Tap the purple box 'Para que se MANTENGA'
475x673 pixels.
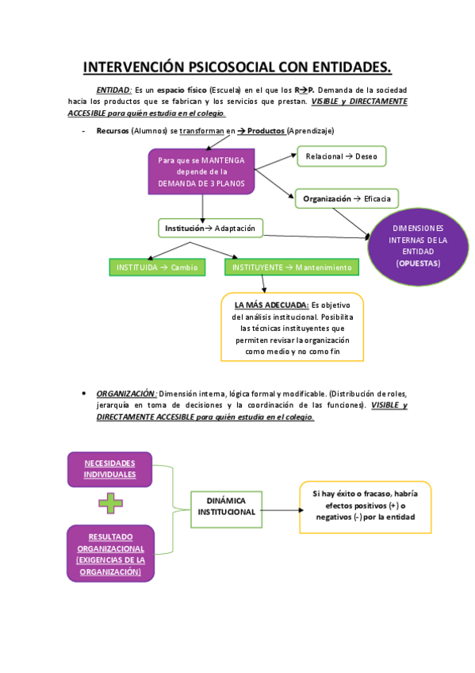[x=201, y=171]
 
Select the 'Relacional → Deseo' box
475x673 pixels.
[x=341, y=156]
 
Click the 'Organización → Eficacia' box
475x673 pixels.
[x=347, y=198]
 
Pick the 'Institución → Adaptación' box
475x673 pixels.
[x=210, y=229]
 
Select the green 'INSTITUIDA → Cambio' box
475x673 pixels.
[x=156, y=267]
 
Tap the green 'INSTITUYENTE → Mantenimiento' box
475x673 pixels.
[x=291, y=267]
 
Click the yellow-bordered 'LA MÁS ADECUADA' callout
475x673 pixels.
[x=293, y=327]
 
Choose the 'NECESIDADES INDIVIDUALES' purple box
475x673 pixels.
[x=110, y=468]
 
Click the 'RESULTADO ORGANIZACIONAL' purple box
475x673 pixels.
[x=110, y=553]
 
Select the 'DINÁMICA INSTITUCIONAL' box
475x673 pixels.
[x=226, y=506]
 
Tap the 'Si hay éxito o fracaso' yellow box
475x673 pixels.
[x=365, y=506]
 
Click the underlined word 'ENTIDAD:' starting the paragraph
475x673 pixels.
[x=114, y=91]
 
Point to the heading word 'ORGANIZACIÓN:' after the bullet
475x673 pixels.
[x=125, y=394]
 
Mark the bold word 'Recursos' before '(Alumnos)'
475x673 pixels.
[x=113, y=130]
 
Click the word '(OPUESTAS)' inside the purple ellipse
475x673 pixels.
[x=419, y=263]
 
